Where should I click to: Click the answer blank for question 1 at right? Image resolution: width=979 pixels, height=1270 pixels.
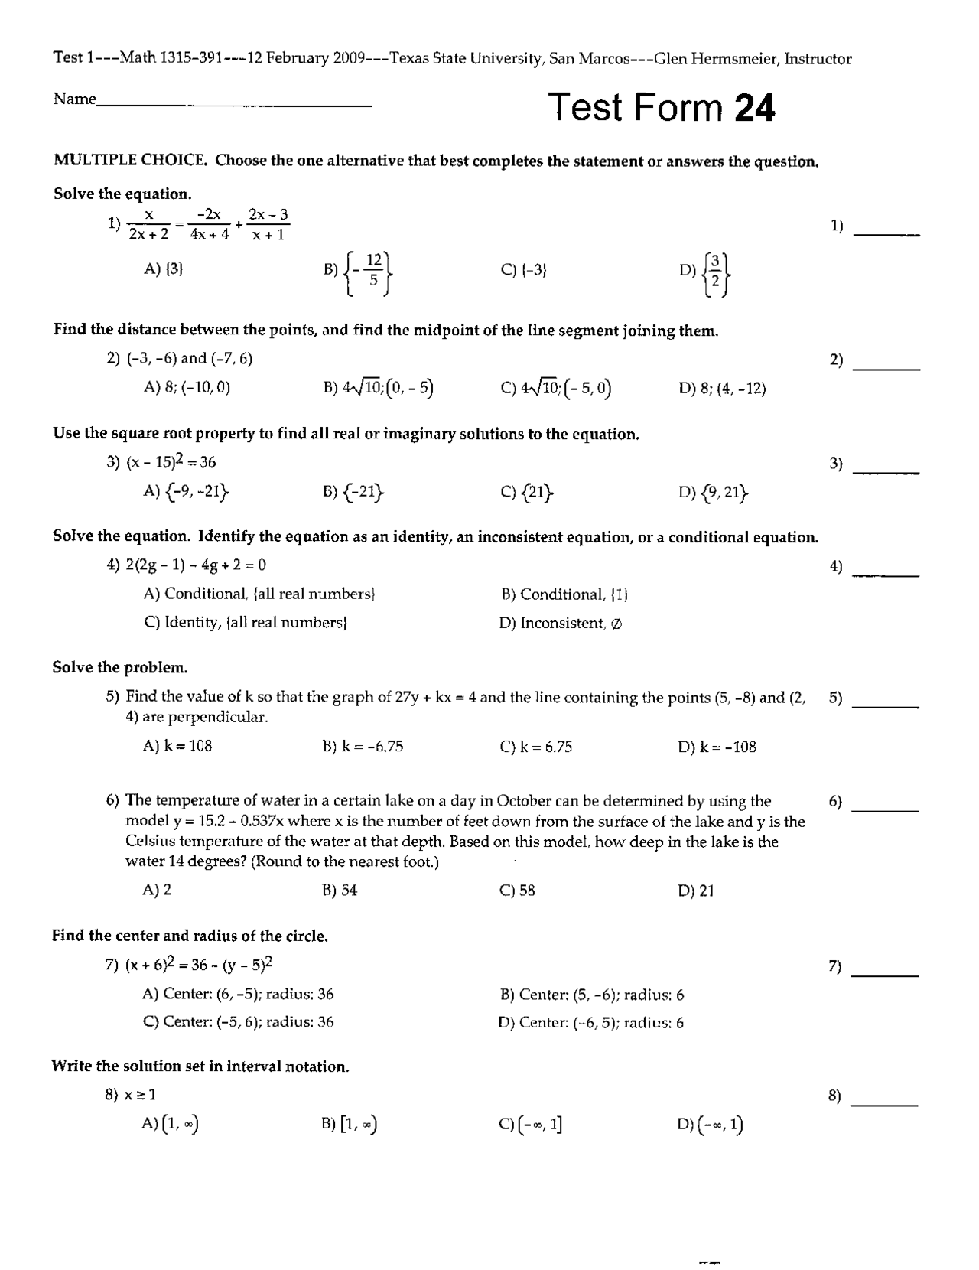click(886, 232)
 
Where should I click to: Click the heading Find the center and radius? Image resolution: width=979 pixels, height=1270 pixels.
click(190, 936)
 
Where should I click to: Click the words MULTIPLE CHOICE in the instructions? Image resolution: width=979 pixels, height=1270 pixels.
click(130, 161)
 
